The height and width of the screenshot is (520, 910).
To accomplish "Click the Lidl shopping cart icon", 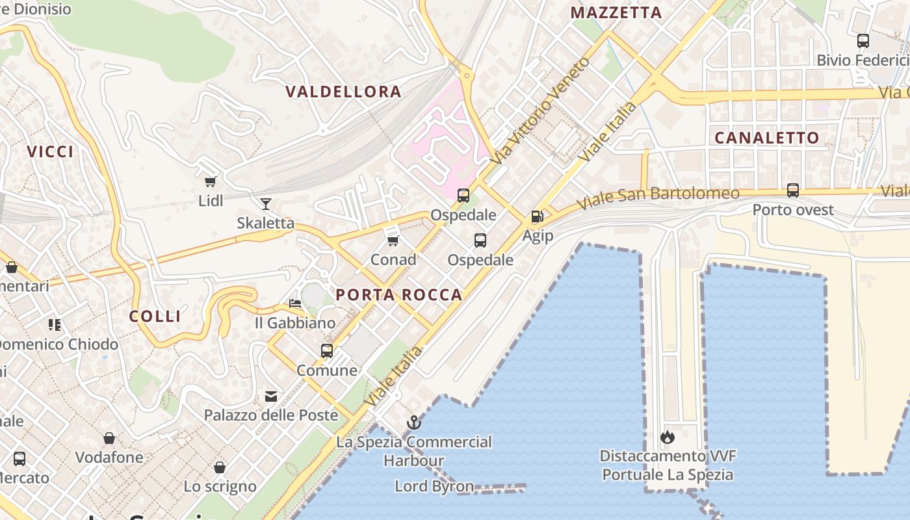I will (210, 182).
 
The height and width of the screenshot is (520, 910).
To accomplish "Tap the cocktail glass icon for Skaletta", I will (265, 204).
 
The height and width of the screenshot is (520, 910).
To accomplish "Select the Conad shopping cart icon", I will (393, 241).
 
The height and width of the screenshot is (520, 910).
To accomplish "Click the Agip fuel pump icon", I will (538, 216).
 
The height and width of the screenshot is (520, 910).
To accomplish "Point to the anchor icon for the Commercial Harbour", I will (414, 423).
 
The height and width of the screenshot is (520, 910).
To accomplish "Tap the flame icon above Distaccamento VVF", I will (668, 437).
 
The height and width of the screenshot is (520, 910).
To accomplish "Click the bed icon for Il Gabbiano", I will (295, 304).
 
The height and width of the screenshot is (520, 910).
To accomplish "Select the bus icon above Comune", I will (327, 351).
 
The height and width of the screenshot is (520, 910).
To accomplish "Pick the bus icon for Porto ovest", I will (793, 190).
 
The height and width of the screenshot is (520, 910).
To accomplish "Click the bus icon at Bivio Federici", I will (863, 41).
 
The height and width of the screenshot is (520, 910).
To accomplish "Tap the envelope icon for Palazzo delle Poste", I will (271, 396).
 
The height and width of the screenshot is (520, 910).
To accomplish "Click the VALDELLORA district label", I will (343, 92).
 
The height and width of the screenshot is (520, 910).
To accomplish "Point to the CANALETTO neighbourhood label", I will (766, 138).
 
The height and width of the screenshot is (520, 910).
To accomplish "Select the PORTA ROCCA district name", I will (398, 294).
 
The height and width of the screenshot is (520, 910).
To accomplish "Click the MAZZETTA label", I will (616, 12).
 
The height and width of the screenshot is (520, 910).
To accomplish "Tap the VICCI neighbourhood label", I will (50, 151).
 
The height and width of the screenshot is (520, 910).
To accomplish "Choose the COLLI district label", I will (155, 317).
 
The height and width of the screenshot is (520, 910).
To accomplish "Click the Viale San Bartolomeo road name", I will (658, 198).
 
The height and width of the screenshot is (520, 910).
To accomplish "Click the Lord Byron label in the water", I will (434, 486).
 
